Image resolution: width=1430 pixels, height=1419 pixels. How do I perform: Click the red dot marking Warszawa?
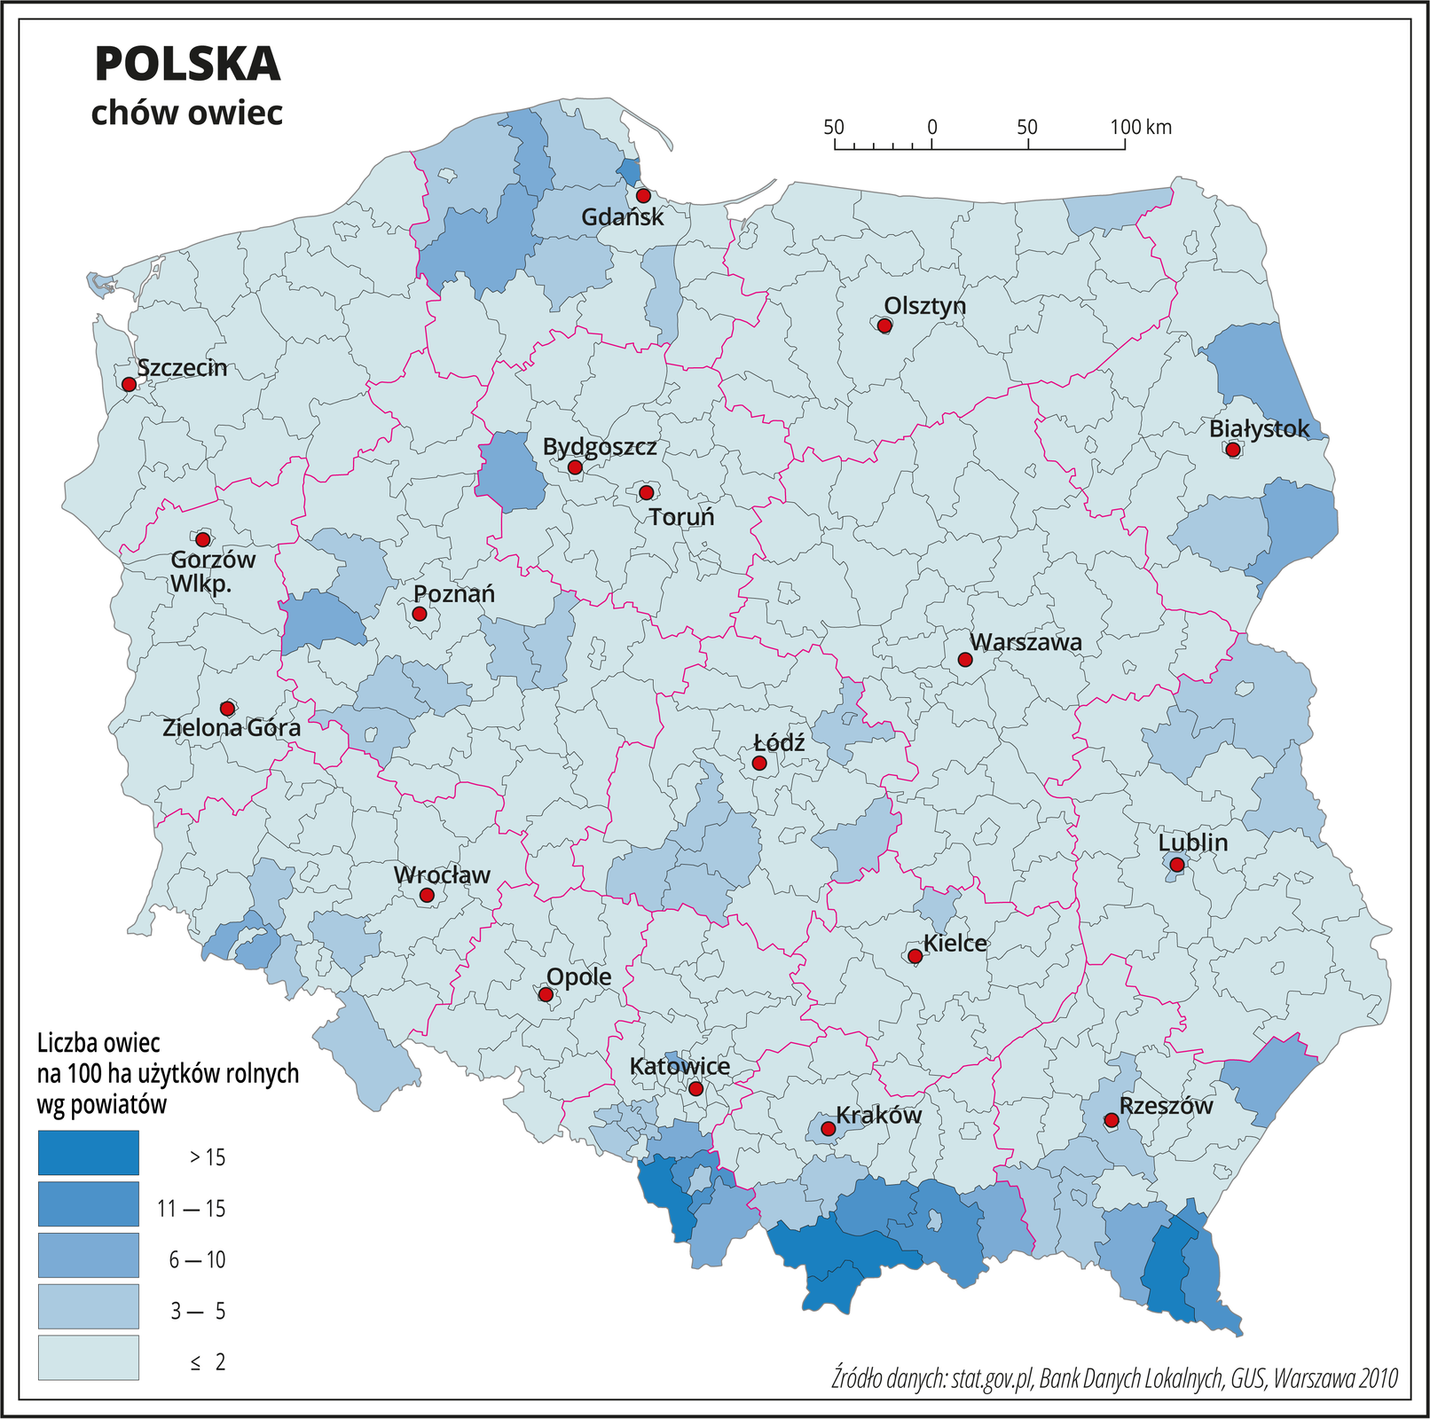[965, 660]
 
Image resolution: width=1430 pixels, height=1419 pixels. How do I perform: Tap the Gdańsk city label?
[622, 217]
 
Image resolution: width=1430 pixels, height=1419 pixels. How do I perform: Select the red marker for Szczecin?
[129, 384]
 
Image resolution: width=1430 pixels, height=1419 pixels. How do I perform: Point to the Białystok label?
[1259, 429]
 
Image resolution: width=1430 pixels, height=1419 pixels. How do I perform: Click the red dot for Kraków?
[828, 1129]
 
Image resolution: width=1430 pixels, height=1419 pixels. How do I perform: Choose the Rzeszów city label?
[1165, 1106]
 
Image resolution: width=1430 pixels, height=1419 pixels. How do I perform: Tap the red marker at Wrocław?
[427, 896]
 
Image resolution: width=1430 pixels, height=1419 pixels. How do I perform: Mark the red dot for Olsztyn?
[884, 325]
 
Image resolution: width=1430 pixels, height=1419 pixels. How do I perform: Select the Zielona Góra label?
[232, 728]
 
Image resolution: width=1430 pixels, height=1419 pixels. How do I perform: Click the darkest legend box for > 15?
[88, 1152]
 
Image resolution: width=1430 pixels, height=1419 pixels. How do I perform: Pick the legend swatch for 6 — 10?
[88, 1255]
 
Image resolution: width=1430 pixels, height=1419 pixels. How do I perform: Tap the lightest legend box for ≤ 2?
[88, 1358]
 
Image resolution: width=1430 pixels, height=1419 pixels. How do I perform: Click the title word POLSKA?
[187, 64]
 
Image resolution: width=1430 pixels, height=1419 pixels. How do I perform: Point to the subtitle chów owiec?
[187, 113]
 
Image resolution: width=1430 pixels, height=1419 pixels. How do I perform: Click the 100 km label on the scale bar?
[1141, 127]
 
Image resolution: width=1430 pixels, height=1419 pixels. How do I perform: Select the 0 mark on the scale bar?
[932, 127]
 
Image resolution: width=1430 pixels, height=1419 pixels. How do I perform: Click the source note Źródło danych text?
[1114, 1378]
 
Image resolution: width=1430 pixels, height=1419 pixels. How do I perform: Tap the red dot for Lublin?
[1176, 865]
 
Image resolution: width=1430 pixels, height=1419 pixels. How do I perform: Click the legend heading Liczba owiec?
[98, 1042]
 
